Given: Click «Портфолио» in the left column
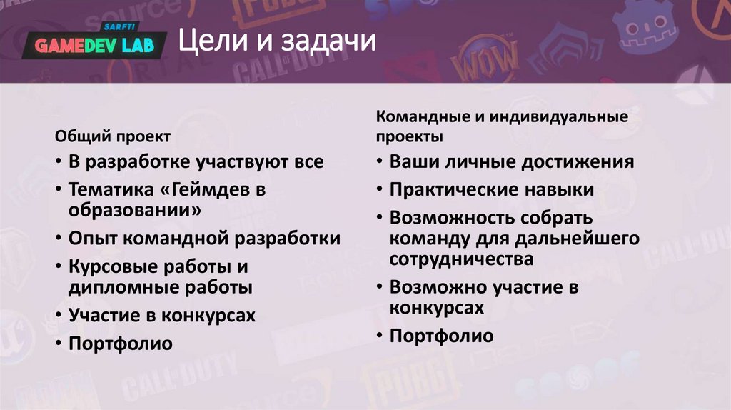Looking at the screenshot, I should tap(120, 344).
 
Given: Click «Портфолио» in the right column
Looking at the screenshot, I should tap(441, 336).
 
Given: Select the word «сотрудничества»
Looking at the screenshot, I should tap(461, 259).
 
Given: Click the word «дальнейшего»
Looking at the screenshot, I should tap(585, 238).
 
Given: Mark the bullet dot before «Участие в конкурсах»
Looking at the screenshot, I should tap(57, 316).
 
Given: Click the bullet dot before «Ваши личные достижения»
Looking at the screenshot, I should tap(378, 162).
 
